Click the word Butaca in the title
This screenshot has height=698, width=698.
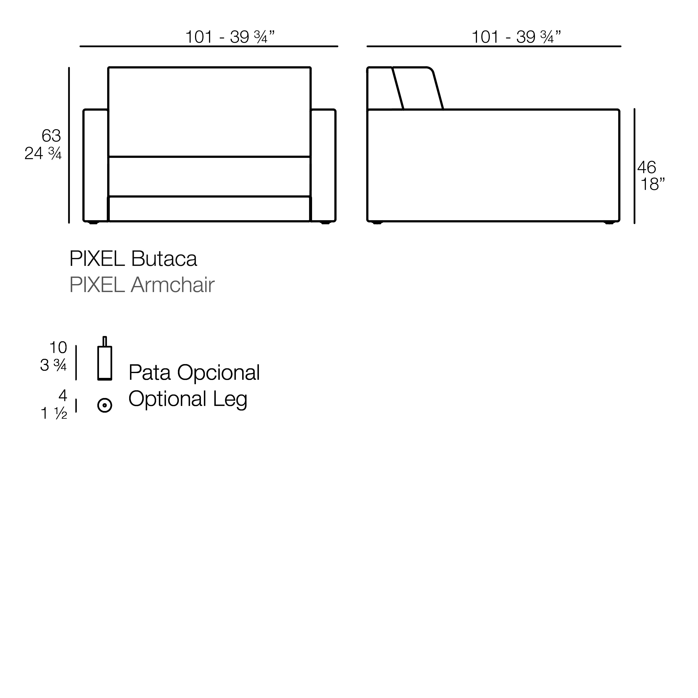[x=164, y=259]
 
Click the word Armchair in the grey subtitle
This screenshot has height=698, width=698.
[x=173, y=285]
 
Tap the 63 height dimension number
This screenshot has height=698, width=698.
[x=51, y=136]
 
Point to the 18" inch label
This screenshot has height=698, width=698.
[x=653, y=184]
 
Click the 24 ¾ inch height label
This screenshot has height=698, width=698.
[x=43, y=153]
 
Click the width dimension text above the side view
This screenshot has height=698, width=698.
[x=517, y=37]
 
